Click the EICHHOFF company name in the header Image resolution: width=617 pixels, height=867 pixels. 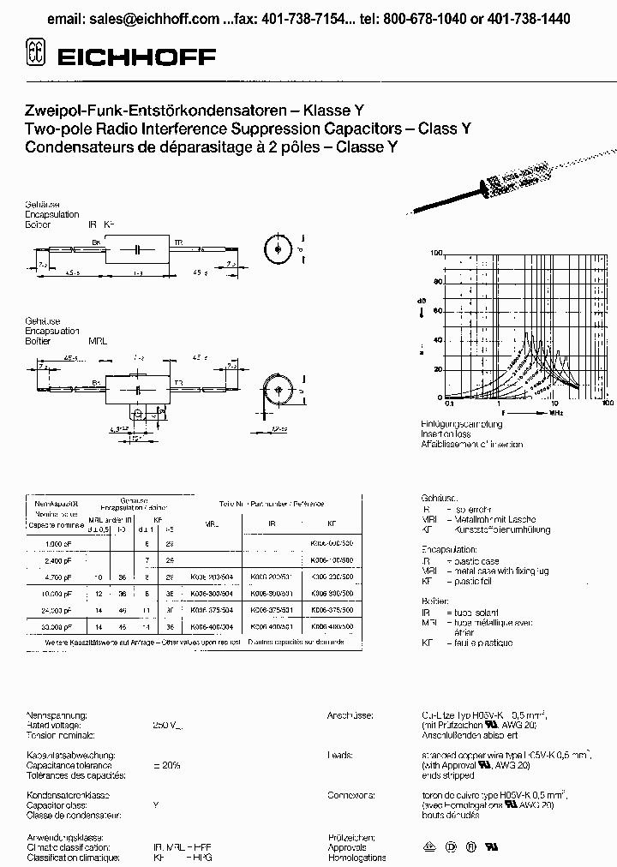[137, 57]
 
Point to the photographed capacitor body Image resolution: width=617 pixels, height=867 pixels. [519, 185]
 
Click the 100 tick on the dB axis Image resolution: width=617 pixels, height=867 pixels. [438, 254]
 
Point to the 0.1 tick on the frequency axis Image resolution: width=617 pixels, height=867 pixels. [450, 403]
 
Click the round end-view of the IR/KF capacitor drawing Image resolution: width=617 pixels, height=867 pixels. [277, 249]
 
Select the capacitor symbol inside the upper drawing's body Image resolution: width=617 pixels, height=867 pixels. [137, 248]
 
